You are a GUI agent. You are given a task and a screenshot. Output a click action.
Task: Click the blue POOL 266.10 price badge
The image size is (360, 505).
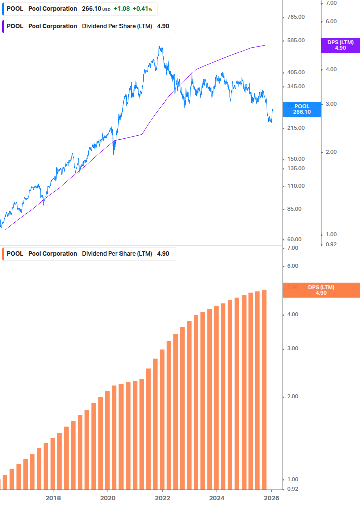[302, 109]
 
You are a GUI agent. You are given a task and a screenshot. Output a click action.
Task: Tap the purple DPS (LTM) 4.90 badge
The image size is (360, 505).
[340, 45]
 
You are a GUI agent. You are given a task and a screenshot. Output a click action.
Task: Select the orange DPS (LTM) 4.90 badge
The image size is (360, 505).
[321, 290]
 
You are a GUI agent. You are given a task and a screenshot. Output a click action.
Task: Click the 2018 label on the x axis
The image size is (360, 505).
[53, 498]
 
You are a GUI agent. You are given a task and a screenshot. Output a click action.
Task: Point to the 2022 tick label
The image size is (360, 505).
[162, 498]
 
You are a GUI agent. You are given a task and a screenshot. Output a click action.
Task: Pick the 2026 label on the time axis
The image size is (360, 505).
[271, 498]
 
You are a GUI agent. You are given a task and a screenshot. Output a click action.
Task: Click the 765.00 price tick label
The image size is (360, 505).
[296, 17]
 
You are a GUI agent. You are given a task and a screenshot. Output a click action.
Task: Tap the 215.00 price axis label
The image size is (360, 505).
[296, 128]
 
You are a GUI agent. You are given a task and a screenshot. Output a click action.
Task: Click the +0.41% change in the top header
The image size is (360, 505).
[142, 9]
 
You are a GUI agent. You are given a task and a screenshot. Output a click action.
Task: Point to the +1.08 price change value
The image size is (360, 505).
[122, 9]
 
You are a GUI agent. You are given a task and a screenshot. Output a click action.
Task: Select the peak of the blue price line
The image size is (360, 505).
[160, 47]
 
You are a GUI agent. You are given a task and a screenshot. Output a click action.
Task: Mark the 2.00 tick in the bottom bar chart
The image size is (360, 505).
[292, 397]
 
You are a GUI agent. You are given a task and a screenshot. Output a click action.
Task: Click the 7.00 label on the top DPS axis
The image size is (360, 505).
[331, 3]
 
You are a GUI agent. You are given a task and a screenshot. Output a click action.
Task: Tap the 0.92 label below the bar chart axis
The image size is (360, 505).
[292, 489]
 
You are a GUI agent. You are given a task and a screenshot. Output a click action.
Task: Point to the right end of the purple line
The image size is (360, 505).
[264, 45]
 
